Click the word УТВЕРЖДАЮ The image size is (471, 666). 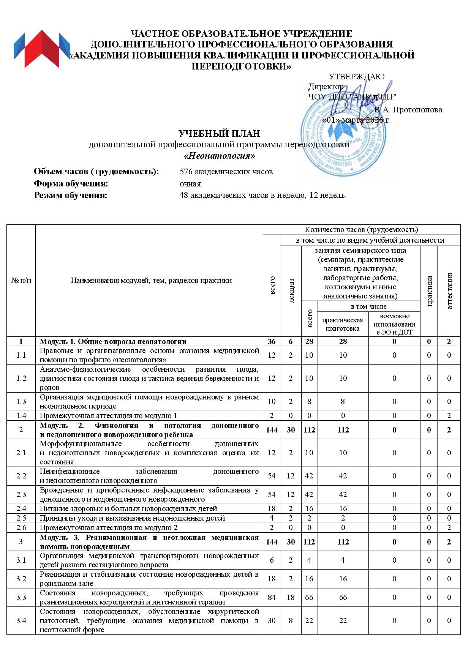[x=356, y=77]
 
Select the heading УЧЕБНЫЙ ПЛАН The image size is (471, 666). [x=219, y=134]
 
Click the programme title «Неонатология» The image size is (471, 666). [x=219, y=156]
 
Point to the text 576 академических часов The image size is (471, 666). [x=226, y=172]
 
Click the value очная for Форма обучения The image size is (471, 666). [x=190, y=184]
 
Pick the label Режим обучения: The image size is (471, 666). [x=71, y=196]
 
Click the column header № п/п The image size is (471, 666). [x=21, y=281]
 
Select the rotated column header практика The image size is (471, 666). [x=429, y=291]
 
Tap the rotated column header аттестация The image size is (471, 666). [x=449, y=291]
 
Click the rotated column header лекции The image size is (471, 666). [x=291, y=291]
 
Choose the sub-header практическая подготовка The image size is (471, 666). [x=343, y=324]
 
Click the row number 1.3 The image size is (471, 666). [x=21, y=401]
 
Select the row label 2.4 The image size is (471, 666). [x=21, y=508]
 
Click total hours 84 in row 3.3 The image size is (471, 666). [x=272, y=597]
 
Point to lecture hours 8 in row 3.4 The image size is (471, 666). [x=291, y=620]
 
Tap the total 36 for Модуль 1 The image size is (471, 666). [x=272, y=341]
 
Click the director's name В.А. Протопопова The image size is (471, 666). [x=408, y=110]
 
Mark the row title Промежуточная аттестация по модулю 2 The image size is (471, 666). [x=109, y=527]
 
